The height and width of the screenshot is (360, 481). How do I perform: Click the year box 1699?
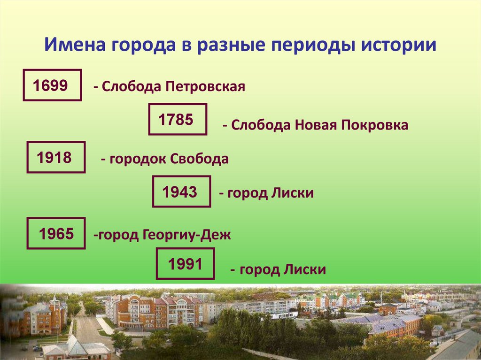tap(52, 85)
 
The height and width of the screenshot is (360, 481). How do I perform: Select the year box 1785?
tap(178, 119)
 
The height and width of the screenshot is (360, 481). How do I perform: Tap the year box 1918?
tap(56, 157)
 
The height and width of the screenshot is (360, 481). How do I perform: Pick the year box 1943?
tap(181, 191)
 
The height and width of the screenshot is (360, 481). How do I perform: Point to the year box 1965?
tap(56, 233)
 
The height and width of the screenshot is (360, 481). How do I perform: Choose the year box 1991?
tap(185, 264)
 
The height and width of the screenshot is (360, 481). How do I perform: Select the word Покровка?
tap(375, 125)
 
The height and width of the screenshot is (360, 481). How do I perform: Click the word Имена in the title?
tap(75, 46)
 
